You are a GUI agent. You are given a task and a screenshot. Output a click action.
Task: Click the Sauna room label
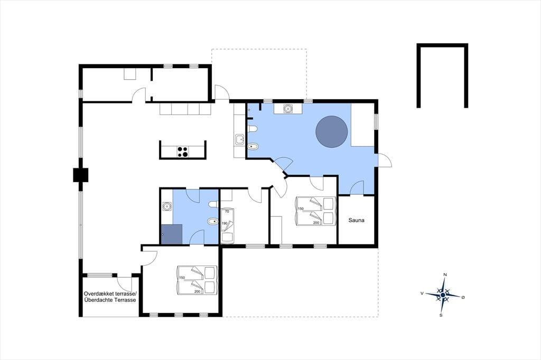(x=356, y=220)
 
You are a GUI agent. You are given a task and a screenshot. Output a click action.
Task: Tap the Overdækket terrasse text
(x=110, y=294)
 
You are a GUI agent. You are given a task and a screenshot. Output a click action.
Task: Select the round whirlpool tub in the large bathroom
(x=332, y=132)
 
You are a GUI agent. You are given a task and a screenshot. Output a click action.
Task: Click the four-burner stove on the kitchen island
(x=183, y=151)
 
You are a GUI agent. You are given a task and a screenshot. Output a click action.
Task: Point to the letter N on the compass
(x=445, y=274)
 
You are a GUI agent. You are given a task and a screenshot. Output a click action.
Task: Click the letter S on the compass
(x=441, y=315)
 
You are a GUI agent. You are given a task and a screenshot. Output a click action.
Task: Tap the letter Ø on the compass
(x=463, y=297)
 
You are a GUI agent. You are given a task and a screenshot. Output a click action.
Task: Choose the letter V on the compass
(x=422, y=293)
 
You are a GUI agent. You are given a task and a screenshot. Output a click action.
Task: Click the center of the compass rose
(x=443, y=295)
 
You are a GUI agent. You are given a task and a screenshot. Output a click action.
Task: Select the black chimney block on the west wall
(x=81, y=175)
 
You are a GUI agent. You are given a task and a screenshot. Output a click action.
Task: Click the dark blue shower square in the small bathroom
(x=172, y=234)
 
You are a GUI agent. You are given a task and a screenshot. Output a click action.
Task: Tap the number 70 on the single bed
(x=227, y=211)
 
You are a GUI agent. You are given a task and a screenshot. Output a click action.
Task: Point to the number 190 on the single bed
(x=224, y=223)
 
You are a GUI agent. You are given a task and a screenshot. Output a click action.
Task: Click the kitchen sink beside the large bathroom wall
(x=239, y=140)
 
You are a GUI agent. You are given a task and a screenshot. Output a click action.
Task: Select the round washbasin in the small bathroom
(x=167, y=206)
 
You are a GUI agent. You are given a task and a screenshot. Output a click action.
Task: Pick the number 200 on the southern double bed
(x=198, y=291)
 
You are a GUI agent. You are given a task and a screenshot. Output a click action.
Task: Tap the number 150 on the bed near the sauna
(x=301, y=209)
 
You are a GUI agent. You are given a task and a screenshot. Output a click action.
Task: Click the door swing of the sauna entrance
(x=357, y=188)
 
